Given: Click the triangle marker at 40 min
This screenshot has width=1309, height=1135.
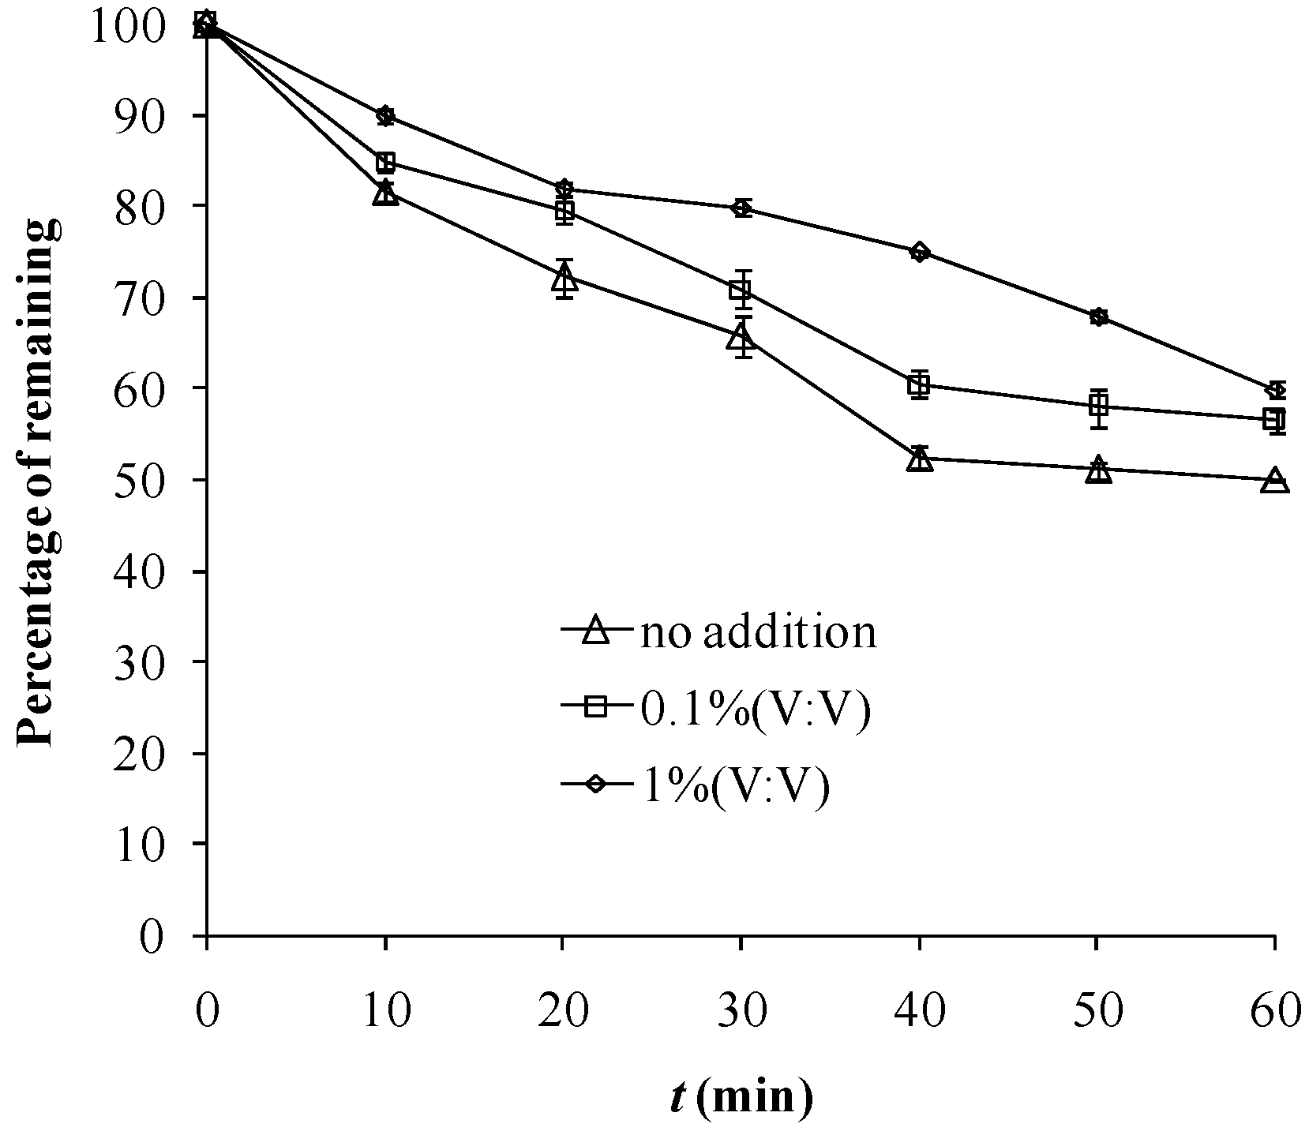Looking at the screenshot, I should click(920, 459).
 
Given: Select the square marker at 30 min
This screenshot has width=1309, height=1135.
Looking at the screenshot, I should click(741, 290).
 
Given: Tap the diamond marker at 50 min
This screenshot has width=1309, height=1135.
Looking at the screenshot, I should click(1097, 317).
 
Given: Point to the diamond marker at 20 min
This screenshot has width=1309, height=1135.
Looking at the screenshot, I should click(563, 189).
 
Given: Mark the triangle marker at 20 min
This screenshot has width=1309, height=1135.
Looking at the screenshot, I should click(564, 278).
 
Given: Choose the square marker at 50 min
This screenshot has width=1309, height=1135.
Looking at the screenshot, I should click(1097, 406).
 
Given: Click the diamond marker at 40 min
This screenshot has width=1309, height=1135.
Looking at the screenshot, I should click(920, 253).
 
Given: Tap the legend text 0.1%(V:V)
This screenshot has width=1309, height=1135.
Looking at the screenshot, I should click(753, 708).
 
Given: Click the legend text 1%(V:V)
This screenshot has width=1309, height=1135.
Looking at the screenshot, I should click(733, 785).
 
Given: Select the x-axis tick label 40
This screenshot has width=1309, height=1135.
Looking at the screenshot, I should click(920, 1012).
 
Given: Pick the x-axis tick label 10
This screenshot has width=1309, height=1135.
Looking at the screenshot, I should click(385, 1012).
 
